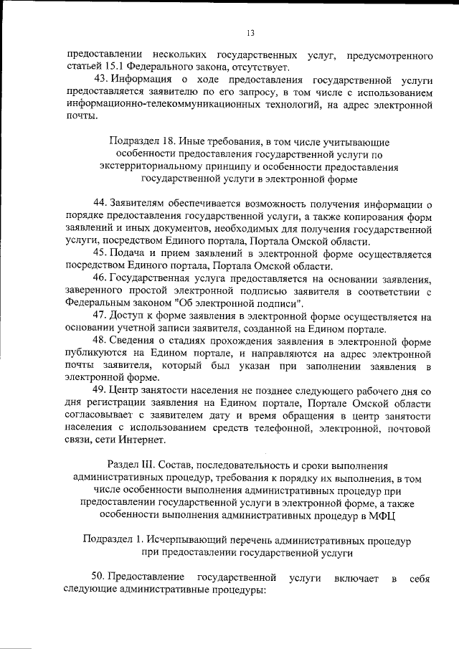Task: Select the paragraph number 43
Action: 101,79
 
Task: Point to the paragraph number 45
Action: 101,255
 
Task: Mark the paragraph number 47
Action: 101,316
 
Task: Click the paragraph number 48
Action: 101,341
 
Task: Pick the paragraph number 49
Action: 101,391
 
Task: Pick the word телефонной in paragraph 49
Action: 290,428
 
